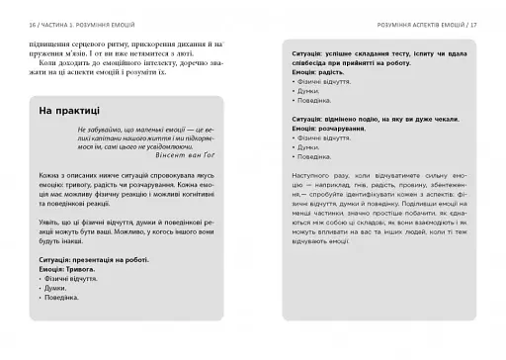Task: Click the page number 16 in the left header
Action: click(x=35, y=22)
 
